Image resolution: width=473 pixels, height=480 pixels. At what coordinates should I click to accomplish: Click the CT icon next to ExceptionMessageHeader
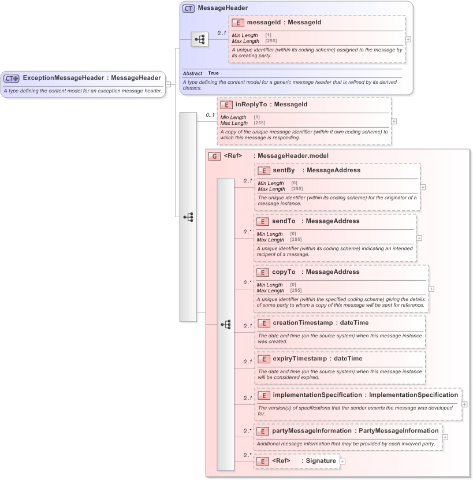click(x=12, y=78)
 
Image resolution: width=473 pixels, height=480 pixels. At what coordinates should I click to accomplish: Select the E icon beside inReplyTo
click(x=226, y=105)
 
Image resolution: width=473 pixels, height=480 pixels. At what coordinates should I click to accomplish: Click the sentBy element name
click(x=283, y=170)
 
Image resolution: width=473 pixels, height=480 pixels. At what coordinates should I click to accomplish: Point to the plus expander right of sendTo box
click(x=419, y=238)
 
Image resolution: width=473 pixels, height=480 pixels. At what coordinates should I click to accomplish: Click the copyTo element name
click(x=283, y=272)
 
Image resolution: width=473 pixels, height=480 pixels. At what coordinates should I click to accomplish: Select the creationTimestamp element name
click(x=302, y=323)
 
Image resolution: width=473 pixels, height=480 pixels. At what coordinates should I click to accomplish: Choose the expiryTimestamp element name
click(x=300, y=359)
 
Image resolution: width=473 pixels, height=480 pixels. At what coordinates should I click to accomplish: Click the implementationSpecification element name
click(x=317, y=395)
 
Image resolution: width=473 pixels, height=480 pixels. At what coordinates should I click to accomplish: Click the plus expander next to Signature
click(x=343, y=461)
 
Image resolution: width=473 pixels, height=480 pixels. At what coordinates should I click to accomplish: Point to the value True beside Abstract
click(x=214, y=73)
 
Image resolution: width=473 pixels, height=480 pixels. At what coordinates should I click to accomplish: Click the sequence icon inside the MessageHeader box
click(x=200, y=39)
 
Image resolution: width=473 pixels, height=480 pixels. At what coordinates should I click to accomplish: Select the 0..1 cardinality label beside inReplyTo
click(x=210, y=115)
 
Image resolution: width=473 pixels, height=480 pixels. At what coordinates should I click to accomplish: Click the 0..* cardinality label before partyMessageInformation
click(x=247, y=430)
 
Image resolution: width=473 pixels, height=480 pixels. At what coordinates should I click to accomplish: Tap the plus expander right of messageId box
click(x=409, y=39)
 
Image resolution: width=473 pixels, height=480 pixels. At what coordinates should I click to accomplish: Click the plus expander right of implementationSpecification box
click(x=465, y=404)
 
